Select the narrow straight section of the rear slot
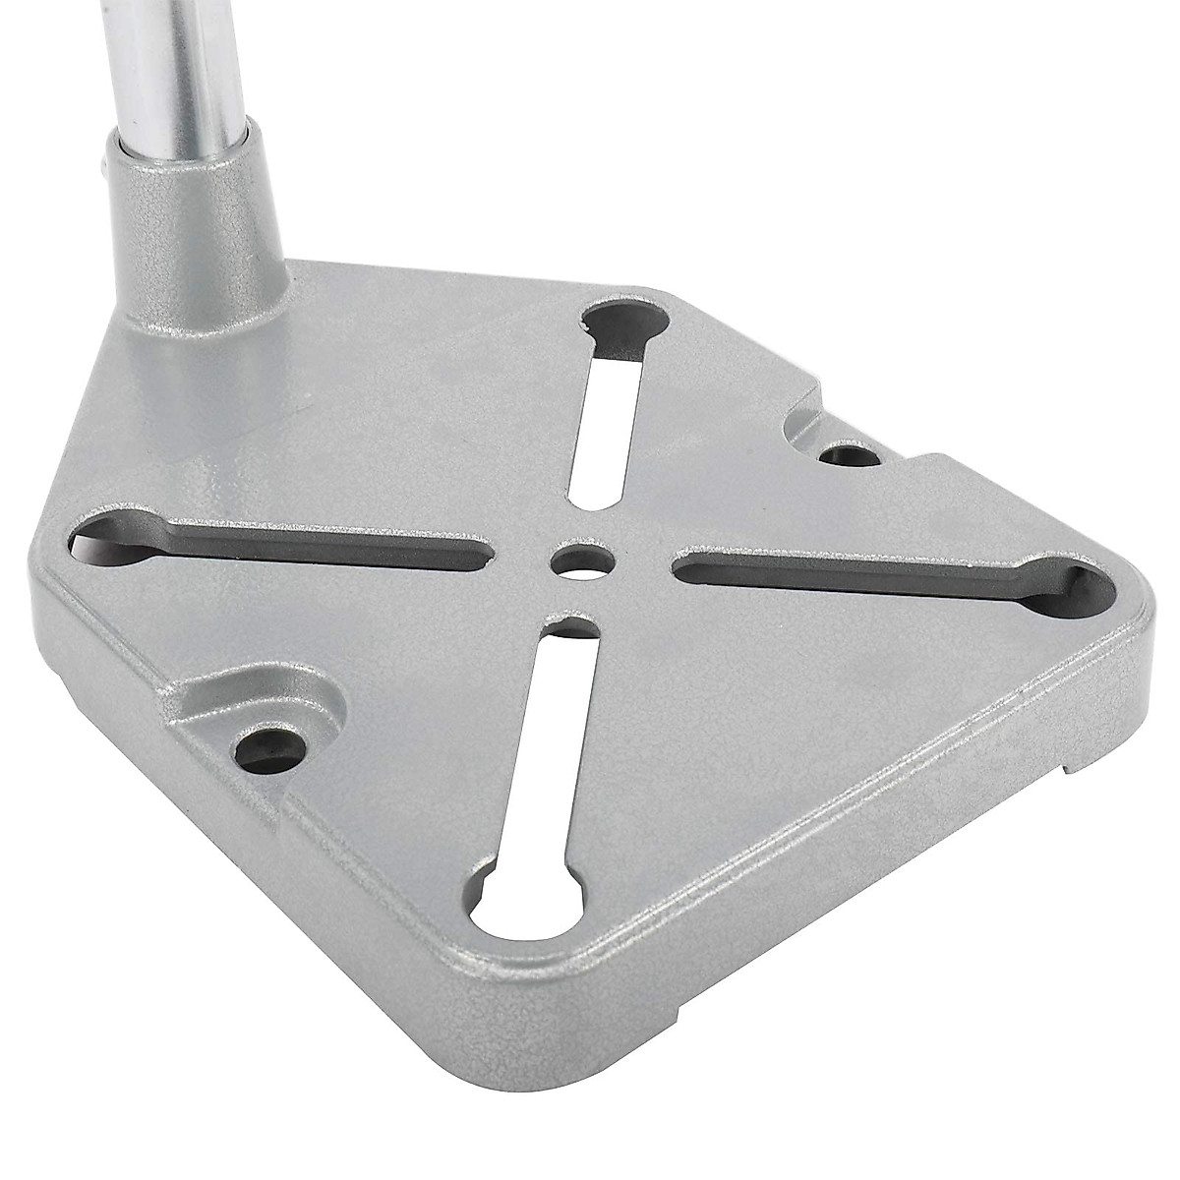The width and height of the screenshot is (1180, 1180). tap(604, 433)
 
